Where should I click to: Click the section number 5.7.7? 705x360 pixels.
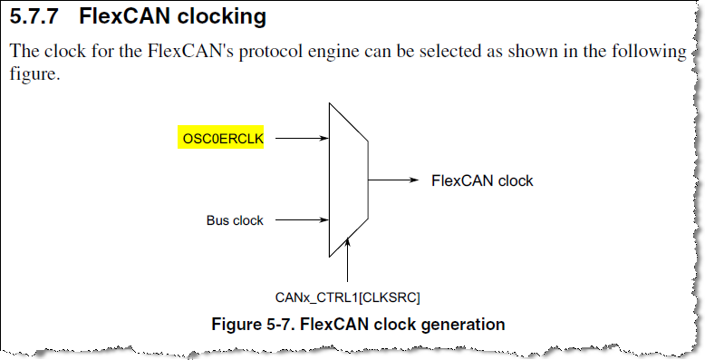pos(36,17)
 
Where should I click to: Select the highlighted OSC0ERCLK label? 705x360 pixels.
pos(222,139)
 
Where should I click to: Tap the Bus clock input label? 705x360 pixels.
pos(235,219)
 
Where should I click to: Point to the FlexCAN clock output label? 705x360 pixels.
pos(482,180)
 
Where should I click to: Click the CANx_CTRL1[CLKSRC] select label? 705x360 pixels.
pos(348,297)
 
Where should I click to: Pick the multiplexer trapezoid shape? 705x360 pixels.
pos(347,180)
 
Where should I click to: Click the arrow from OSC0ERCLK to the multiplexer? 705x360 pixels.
pos(300,139)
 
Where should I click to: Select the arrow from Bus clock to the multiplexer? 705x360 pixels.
pos(300,219)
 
